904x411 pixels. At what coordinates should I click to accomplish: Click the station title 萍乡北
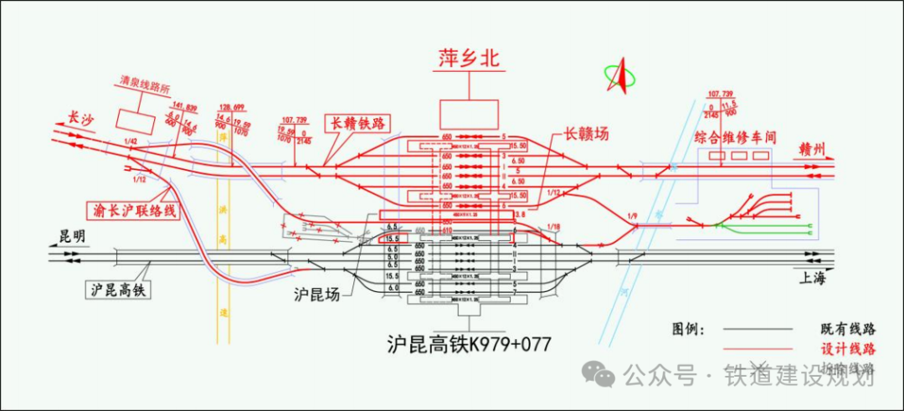pyautogui.click(x=469, y=59)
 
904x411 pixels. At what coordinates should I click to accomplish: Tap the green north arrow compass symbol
pyautogui.click(x=620, y=76)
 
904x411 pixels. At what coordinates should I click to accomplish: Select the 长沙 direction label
pyautogui.click(x=80, y=120)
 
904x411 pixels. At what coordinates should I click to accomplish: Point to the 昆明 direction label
pyautogui.click(x=71, y=237)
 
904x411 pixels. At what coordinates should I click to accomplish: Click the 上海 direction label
pyautogui.click(x=812, y=278)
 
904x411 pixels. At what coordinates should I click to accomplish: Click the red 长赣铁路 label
pyautogui.click(x=360, y=124)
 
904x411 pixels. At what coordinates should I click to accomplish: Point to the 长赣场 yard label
pyautogui.click(x=585, y=133)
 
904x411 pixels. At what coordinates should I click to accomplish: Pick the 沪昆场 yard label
pyautogui.click(x=318, y=295)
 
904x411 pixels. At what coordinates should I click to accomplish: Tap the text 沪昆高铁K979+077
pyautogui.click(x=469, y=344)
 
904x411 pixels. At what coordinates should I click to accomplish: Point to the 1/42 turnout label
pyautogui.click(x=129, y=141)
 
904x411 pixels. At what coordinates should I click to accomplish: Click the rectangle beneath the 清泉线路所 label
pyautogui.click(x=134, y=121)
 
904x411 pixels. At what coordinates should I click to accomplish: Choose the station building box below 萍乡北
pyautogui.click(x=469, y=114)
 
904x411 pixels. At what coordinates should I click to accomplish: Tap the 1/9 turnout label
pyautogui.click(x=633, y=217)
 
